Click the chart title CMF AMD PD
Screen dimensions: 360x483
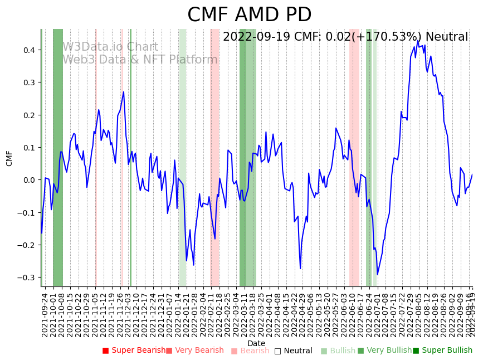(x=249, y=15)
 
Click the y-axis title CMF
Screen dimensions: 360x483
(x=9, y=158)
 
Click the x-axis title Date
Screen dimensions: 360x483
(x=256, y=343)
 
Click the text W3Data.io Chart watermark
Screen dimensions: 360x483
(x=110, y=47)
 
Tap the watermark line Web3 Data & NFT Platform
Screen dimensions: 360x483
(x=140, y=60)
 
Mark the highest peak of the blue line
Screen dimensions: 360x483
(x=418, y=40)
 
